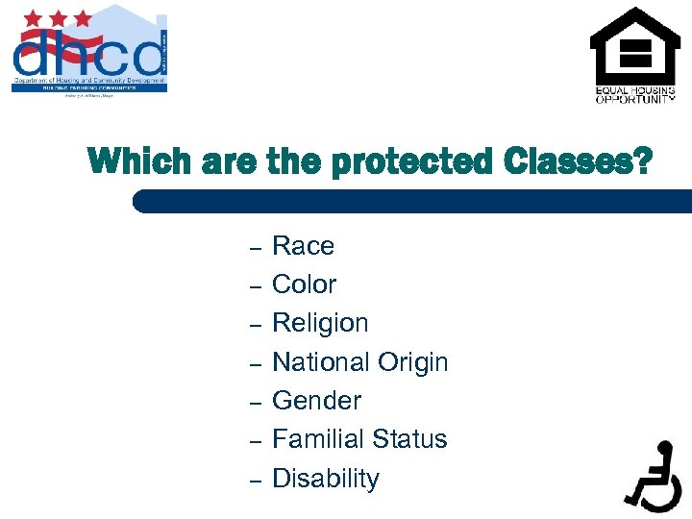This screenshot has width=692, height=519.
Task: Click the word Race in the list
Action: pyautogui.click(x=303, y=246)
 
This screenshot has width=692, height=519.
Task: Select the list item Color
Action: pyautogui.click(x=304, y=284)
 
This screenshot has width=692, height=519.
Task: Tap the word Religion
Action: pyautogui.click(x=320, y=323)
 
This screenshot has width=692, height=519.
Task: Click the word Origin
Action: pyautogui.click(x=412, y=362)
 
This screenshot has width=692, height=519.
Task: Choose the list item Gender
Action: pyautogui.click(x=316, y=401)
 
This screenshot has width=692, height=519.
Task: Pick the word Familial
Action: pyautogui.click(x=317, y=439)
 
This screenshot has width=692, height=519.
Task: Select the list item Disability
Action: pyautogui.click(x=326, y=479)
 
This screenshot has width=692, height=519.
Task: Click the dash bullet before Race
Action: pyautogui.click(x=256, y=249)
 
